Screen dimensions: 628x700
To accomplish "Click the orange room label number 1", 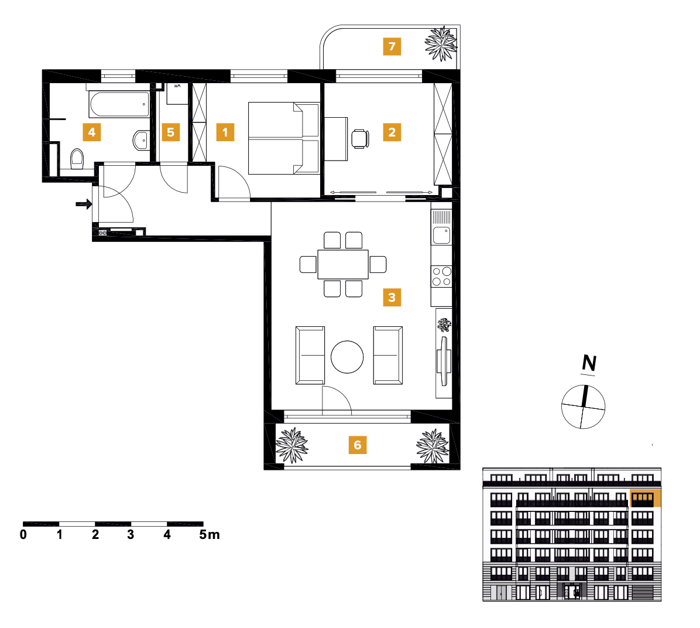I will pos(225,132).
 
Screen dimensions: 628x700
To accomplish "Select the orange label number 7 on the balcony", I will pos(392,46).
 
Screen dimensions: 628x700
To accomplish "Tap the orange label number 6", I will pos(358,445).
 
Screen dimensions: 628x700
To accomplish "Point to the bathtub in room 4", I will pos(119,105).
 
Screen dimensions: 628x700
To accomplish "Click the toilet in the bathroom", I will pos(77,159).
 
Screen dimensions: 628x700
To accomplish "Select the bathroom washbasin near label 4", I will pos(141,140).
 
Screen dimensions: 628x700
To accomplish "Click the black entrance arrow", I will pos(84,204).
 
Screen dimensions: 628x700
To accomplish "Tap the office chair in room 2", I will pos(360,139).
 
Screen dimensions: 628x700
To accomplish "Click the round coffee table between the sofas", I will pos(347,357).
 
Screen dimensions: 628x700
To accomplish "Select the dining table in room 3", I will pos(343,264).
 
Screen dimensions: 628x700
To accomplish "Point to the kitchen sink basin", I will pos(441,235).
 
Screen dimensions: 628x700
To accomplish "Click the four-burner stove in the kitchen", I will pos(442,277).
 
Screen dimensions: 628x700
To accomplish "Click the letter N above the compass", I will pos(589,364).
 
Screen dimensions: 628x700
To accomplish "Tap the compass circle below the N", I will pos(583,407).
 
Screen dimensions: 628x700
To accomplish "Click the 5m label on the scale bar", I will pos(209,535).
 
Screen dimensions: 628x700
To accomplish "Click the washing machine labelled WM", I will pos(177,94).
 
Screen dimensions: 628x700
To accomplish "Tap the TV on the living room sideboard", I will pos(443,362).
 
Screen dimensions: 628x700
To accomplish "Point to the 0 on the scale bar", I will pos(23,535).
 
